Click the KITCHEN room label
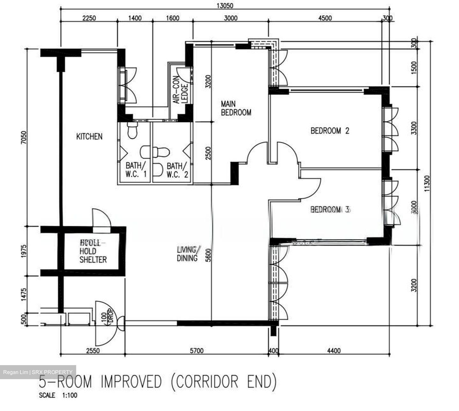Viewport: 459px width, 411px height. pyautogui.click(x=89, y=136)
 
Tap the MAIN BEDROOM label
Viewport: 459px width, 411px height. pyautogui.click(x=236, y=108)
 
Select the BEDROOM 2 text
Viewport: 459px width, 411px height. pyautogui.click(x=330, y=131)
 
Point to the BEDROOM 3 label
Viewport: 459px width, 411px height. pyautogui.click(x=330, y=209)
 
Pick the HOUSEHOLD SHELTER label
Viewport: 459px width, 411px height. pyautogui.click(x=93, y=251)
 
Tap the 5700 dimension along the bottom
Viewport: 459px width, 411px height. pyautogui.click(x=196, y=351)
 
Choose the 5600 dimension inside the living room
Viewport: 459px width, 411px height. pyautogui.click(x=208, y=255)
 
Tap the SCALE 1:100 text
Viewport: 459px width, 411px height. pyautogui.click(x=58, y=395)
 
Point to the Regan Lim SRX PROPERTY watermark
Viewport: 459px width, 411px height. pyautogui.click(x=38, y=372)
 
